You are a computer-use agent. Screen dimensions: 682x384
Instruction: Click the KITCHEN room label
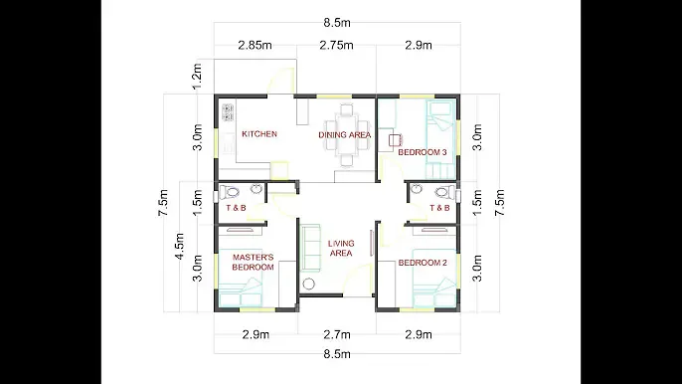click(x=259, y=134)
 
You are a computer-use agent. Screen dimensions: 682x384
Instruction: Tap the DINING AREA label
click(x=344, y=135)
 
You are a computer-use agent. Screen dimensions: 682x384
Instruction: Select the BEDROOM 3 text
click(x=423, y=152)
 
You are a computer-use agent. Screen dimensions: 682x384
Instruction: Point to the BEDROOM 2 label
click(x=423, y=263)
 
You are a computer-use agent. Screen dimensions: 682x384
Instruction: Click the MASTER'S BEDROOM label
click(x=253, y=262)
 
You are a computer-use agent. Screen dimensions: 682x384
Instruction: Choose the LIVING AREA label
click(x=341, y=248)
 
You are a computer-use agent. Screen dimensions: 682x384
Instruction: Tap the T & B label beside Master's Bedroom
click(x=236, y=208)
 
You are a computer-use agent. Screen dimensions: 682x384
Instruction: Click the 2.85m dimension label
click(x=255, y=46)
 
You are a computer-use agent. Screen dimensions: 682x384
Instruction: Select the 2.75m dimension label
click(x=336, y=46)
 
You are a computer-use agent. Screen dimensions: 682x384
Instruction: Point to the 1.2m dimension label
click(x=197, y=77)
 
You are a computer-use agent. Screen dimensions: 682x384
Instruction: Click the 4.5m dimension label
click(x=179, y=247)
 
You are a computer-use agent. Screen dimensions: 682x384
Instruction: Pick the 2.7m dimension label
click(x=337, y=335)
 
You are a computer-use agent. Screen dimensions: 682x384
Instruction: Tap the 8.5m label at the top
click(x=337, y=23)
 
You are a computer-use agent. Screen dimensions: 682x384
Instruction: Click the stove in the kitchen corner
click(x=228, y=111)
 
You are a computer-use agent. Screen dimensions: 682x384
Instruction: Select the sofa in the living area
click(x=310, y=248)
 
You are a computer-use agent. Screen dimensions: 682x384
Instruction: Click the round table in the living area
click(x=309, y=285)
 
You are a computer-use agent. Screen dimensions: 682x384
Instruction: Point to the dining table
click(x=347, y=135)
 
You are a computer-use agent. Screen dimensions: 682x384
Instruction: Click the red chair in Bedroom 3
click(x=395, y=140)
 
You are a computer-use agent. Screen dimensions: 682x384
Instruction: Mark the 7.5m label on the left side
click(x=163, y=203)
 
